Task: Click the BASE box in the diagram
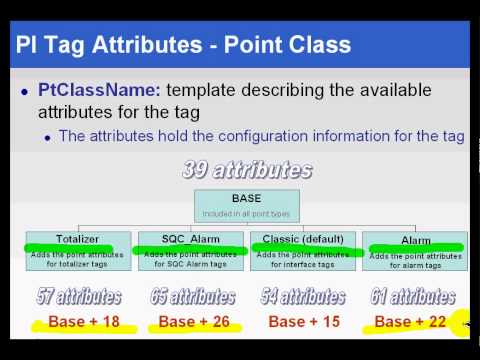(x=246, y=205)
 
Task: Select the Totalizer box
(x=78, y=249)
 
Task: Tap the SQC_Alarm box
(x=190, y=249)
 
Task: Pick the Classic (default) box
(x=302, y=249)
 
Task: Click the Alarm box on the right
(x=414, y=249)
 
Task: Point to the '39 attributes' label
(x=246, y=170)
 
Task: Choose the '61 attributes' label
(x=412, y=296)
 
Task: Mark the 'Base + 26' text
(x=194, y=322)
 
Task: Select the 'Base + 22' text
(x=410, y=322)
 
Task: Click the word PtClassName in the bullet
(x=93, y=90)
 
